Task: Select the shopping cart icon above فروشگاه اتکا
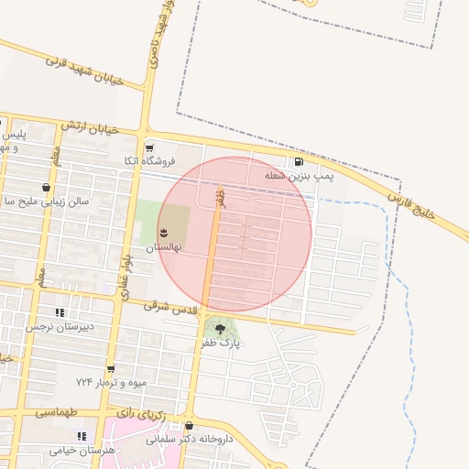[149, 147]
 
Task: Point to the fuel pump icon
[300, 163]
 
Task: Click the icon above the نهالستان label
[164, 232]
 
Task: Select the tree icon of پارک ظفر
[219, 328]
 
